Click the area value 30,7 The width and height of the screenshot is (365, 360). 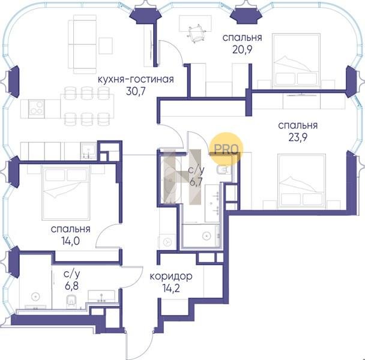pyautogui.click(x=136, y=91)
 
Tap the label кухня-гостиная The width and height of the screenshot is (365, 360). pyautogui.click(x=136, y=79)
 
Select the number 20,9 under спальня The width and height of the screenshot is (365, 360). pyautogui.click(x=243, y=49)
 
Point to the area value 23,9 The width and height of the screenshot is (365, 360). pyautogui.click(x=298, y=137)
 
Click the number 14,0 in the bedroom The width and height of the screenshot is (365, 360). pyautogui.click(x=70, y=241)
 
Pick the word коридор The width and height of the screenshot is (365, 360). pyautogui.click(x=171, y=277)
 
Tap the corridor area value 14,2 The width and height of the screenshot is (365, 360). pyautogui.click(x=171, y=289)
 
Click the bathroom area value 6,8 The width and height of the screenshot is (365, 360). pyautogui.click(x=71, y=286)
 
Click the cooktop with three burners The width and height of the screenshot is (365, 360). pyautogui.click(x=37, y=108)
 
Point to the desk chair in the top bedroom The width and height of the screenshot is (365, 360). pyautogui.click(x=196, y=34)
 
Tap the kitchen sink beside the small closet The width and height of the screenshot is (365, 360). pyautogui.click(x=88, y=151)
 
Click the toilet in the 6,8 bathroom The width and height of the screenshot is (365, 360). pyautogui.click(x=71, y=302)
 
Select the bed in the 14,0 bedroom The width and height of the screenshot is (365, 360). pyautogui.click(x=66, y=193)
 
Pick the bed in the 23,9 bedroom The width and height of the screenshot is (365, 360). pyautogui.click(x=301, y=181)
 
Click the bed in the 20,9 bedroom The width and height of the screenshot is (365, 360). pyautogui.click(x=297, y=60)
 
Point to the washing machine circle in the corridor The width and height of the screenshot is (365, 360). pyautogui.click(x=167, y=242)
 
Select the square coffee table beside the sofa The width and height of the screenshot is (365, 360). pyautogui.click(x=106, y=46)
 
